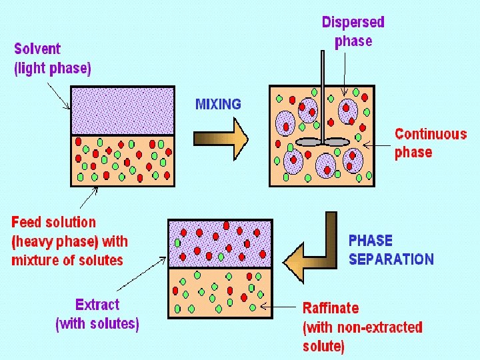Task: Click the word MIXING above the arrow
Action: pos(218,104)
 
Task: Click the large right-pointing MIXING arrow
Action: pos(221,139)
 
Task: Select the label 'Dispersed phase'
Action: pos(353,31)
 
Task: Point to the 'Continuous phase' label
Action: pos(430,143)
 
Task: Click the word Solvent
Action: pos(37,49)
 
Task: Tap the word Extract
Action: pos(97,305)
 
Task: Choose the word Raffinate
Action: pos(331,308)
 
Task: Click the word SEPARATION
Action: pos(391,259)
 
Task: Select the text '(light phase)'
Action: pos(53,68)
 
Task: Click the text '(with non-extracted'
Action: pos(362,327)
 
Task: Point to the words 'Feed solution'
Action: pos(54,222)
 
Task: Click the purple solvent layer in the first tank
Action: pos(123,111)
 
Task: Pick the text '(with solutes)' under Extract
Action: pos(97,325)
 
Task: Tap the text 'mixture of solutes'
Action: pos(67,260)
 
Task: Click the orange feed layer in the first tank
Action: pos(123,161)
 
